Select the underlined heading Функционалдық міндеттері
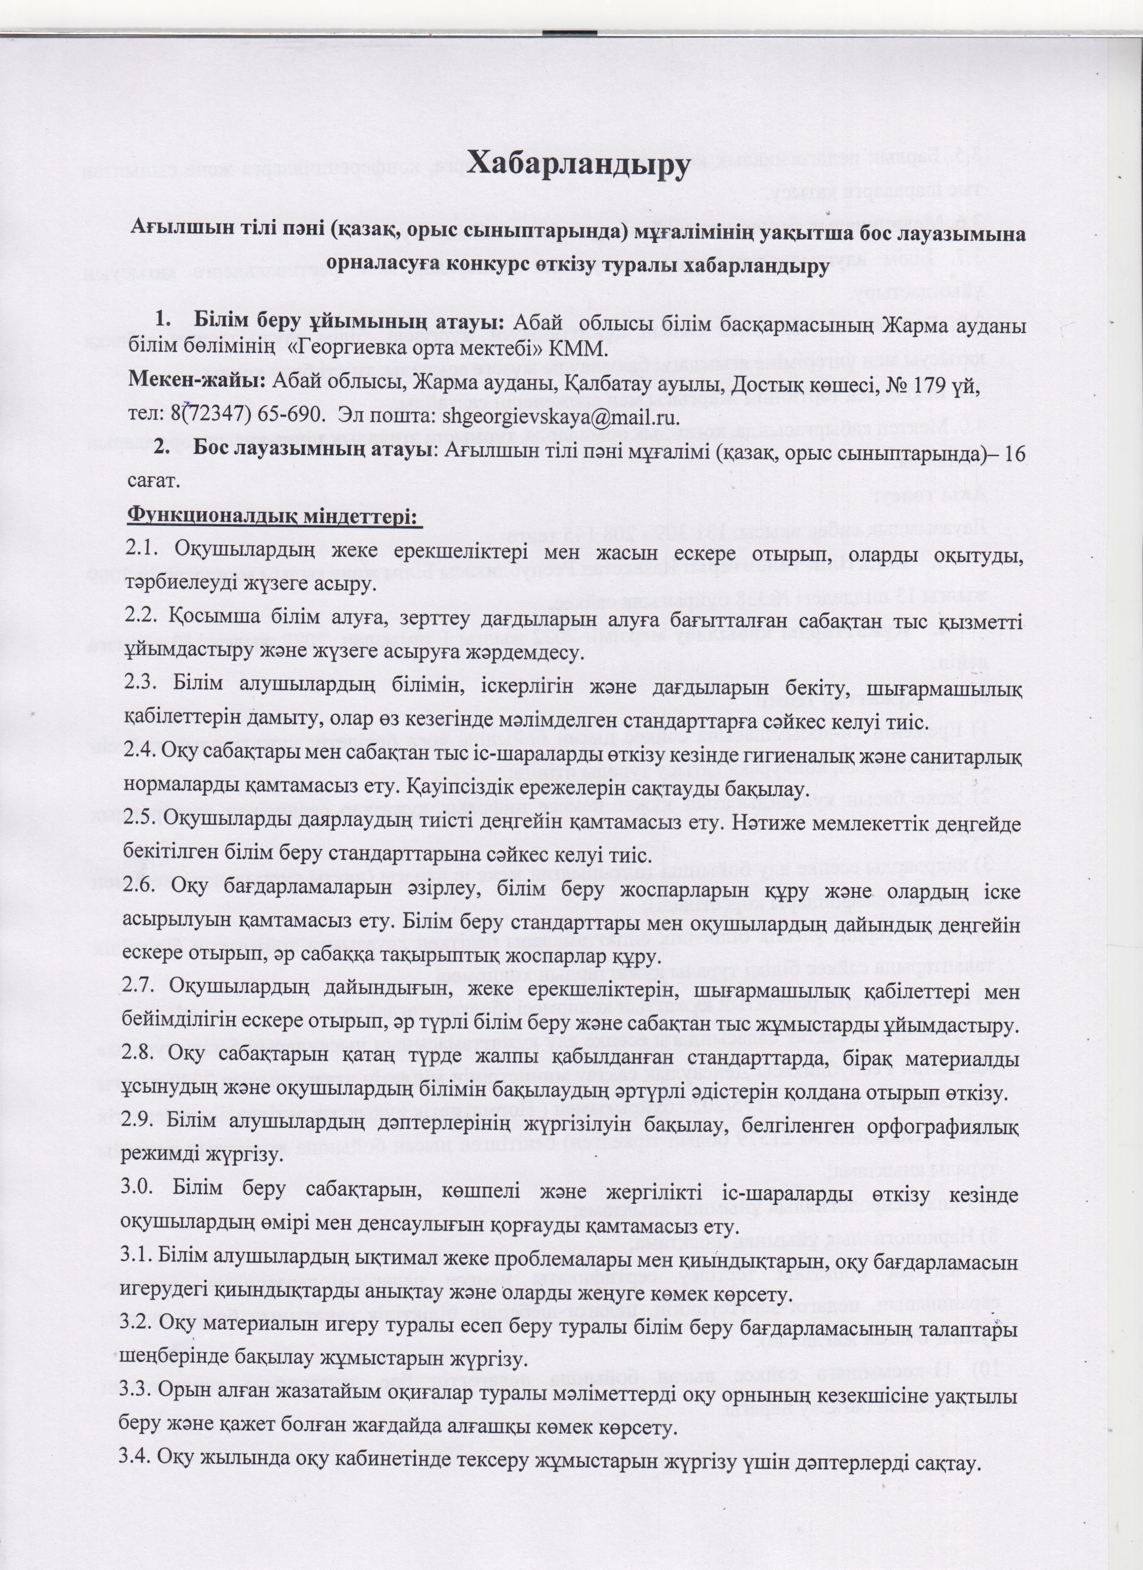(x=275, y=517)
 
